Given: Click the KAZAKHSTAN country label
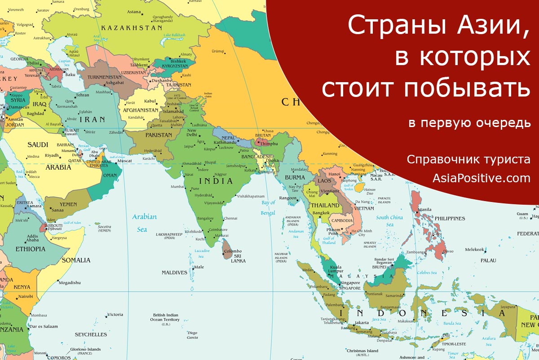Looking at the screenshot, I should coord(131,28).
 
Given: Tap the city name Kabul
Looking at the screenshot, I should coord(150,101).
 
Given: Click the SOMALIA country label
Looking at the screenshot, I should coord(76,260).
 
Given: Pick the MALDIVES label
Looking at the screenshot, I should coord(174,272).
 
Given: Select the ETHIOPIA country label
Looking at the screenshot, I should coord(31,249).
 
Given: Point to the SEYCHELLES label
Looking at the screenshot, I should coord(91,334).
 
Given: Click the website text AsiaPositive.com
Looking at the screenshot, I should coord(482,178).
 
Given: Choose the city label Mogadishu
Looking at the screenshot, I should coord(70,282).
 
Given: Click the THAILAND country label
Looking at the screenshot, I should coord(325,205).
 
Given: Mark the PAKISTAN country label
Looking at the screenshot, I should coord(159,135).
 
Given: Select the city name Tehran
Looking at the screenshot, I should coord(82,95).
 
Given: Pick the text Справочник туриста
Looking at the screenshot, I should coord(468,159).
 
